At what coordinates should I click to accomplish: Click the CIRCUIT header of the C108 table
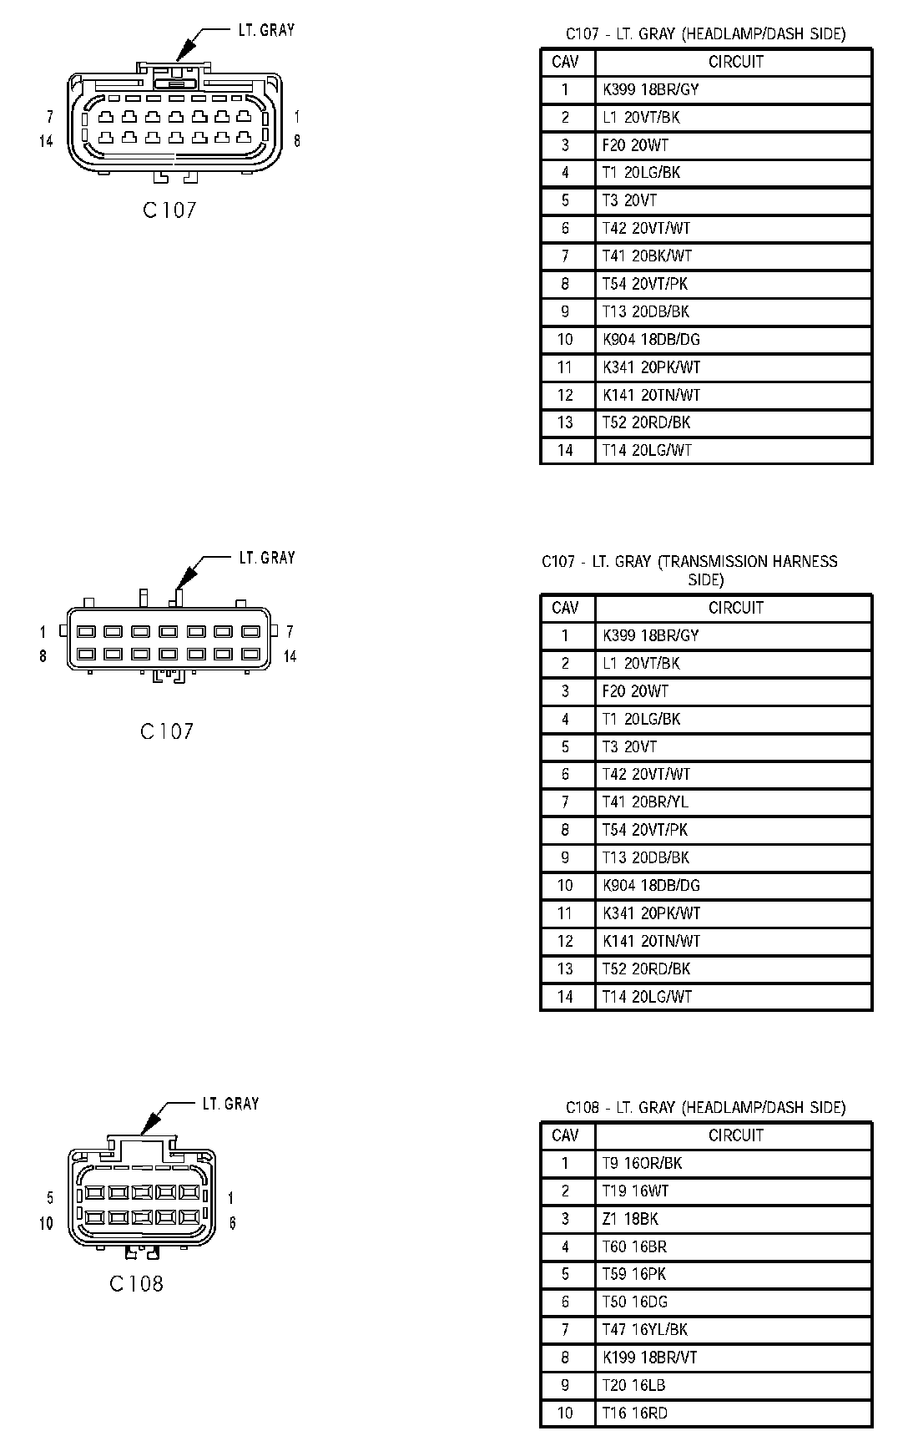(x=735, y=1135)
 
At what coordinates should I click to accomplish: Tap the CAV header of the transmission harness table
(x=565, y=608)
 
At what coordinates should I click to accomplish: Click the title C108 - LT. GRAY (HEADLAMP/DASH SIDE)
(x=705, y=1108)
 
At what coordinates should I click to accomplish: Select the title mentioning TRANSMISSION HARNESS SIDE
(x=689, y=570)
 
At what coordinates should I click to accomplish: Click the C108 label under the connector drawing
(x=136, y=1284)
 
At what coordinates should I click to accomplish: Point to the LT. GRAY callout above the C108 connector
(x=230, y=1104)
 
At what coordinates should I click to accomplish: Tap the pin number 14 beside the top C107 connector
(x=46, y=141)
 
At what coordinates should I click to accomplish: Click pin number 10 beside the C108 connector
(x=46, y=1223)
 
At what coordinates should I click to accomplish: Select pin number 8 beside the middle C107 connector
(x=43, y=656)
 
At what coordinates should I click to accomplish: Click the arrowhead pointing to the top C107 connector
(x=184, y=49)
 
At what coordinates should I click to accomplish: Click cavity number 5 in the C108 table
(x=565, y=1275)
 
